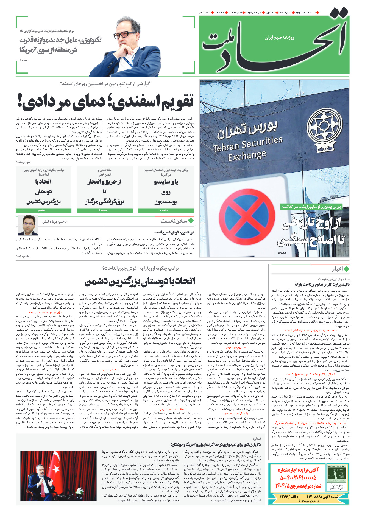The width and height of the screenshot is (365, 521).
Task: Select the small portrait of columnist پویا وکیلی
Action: (x=28, y=225)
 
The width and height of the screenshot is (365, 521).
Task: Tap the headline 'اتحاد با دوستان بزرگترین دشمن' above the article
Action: (x=140, y=281)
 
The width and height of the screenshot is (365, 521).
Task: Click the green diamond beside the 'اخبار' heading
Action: (x=346, y=269)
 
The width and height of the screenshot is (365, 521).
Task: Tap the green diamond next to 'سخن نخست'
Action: (x=191, y=220)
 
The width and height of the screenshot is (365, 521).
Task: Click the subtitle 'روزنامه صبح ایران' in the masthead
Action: (x=279, y=38)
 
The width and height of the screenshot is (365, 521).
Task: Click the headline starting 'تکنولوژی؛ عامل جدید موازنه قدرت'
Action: (x=60, y=45)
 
